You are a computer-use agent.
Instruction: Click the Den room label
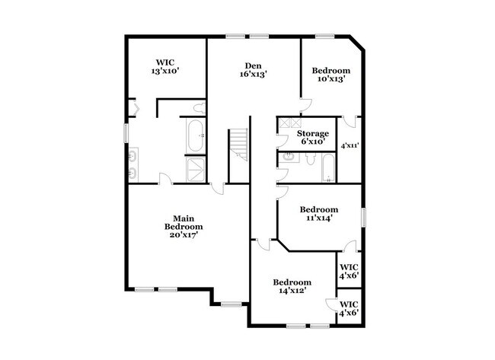click(x=254, y=65)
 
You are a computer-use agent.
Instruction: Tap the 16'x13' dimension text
click(x=254, y=74)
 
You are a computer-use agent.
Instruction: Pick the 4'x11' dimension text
click(x=349, y=145)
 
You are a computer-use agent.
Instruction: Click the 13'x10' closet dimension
click(x=166, y=72)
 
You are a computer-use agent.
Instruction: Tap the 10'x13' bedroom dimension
click(x=331, y=78)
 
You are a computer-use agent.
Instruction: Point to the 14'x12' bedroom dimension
click(x=292, y=290)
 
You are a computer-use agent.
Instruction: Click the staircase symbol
click(x=239, y=145)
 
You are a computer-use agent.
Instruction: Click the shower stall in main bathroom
click(x=195, y=170)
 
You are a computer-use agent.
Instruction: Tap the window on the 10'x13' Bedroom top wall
click(x=327, y=35)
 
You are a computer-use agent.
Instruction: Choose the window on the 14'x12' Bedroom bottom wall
click(x=298, y=327)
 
